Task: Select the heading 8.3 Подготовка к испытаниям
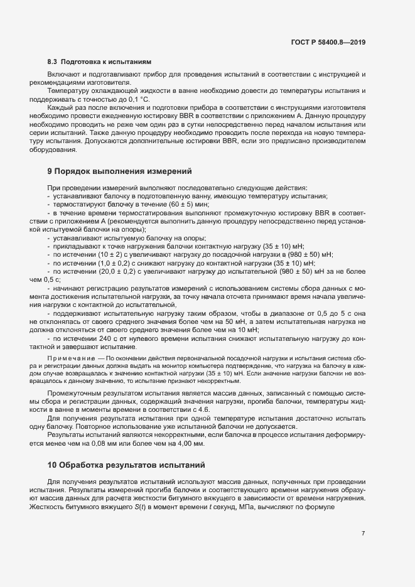[x=100, y=62]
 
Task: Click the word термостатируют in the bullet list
[x=78, y=205]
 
